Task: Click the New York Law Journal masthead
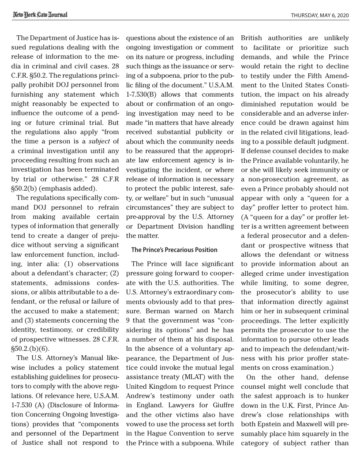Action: click(40, 15)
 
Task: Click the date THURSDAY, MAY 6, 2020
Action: click(320, 15)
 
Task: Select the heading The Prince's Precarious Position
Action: click(174, 250)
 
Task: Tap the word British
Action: click(254, 38)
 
